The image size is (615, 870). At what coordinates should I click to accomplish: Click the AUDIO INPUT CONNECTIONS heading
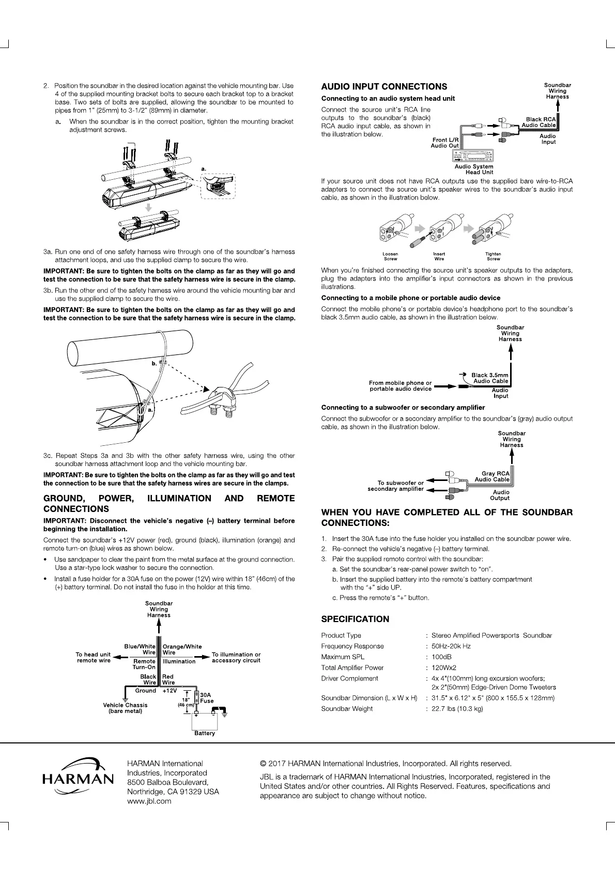tap(384, 87)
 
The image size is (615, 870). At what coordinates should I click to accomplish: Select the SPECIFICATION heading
tap(355, 619)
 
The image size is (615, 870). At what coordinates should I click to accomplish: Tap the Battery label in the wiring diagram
tap(205, 733)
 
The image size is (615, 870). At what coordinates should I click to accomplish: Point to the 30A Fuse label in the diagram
tap(206, 698)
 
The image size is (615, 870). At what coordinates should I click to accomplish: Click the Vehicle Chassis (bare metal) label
tap(125, 708)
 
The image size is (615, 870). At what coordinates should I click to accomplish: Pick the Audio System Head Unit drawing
tap(474, 157)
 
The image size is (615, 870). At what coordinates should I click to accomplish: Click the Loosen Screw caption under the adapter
tap(390, 256)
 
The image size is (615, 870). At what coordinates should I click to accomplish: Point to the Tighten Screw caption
tap(493, 256)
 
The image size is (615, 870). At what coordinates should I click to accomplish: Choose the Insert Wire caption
tap(439, 256)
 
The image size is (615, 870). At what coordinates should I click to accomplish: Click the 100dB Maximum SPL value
tap(442, 657)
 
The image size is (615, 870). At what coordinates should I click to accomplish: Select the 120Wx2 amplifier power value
tap(443, 667)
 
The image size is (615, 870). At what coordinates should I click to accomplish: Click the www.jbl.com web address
tap(149, 801)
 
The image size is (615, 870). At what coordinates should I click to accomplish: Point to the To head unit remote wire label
tap(94, 657)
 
